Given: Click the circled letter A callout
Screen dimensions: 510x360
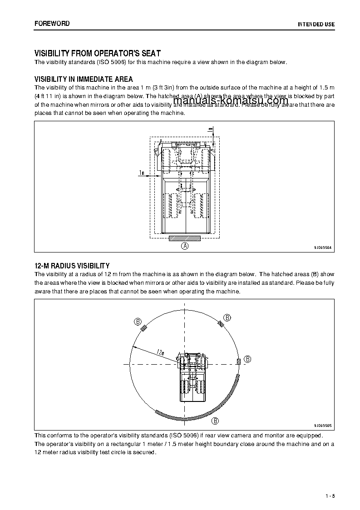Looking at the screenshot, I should [185, 246].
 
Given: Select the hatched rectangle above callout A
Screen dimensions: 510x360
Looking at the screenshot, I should [185, 238].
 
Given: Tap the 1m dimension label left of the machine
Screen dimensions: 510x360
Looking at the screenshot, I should [142, 173].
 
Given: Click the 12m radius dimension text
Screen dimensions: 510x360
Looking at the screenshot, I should [160, 352].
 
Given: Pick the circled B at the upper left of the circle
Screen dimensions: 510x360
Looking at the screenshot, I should [138, 322].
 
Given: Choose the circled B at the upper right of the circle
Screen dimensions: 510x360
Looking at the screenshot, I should [227, 317].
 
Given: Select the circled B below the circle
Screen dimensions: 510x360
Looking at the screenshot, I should [216, 421].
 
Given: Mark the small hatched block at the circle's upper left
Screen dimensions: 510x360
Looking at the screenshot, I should [144, 329].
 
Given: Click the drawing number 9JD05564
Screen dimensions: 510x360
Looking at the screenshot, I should [323, 248].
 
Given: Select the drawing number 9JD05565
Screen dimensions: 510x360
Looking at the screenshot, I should [323, 426].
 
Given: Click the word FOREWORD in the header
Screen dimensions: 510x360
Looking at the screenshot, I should [52, 23].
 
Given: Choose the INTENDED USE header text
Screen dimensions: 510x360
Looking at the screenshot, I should [316, 24].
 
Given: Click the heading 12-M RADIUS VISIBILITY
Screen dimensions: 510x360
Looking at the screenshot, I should [72, 266].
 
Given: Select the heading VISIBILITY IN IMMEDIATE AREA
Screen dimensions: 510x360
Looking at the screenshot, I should [84, 79].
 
